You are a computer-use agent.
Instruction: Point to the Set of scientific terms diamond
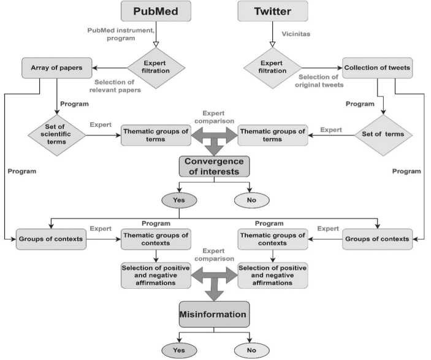click(56, 134)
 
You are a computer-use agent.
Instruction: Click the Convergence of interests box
click(214, 166)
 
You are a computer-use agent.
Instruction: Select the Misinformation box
click(214, 315)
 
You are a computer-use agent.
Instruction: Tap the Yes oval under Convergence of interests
click(179, 199)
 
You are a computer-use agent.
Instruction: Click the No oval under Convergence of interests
click(251, 199)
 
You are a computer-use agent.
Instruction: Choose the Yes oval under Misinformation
click(179, 350)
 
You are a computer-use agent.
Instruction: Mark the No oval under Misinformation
click(251, 350)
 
